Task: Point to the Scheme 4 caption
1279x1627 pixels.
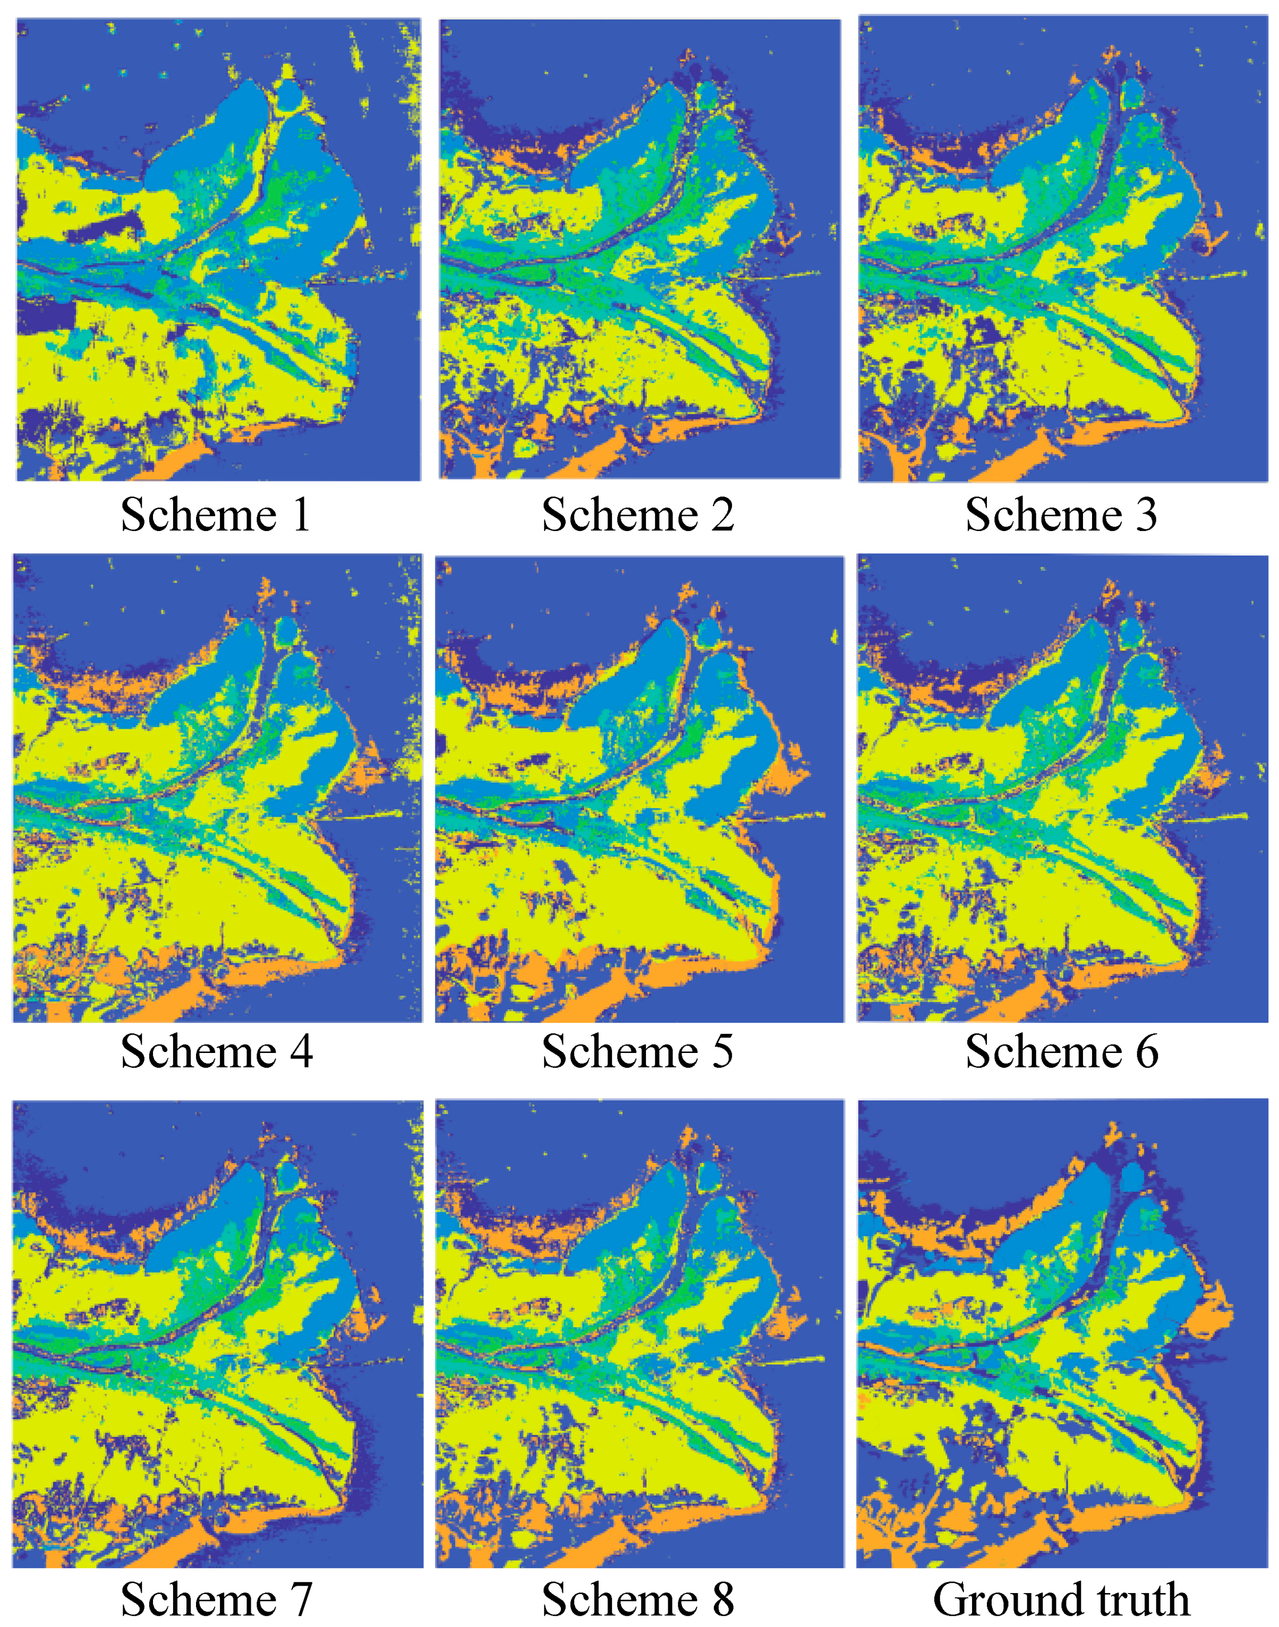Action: [216, 1051]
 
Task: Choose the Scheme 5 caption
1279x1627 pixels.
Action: [637, 1051]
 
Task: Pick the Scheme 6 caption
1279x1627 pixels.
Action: [1061, 1051]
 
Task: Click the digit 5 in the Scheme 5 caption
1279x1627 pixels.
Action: [722, 1051]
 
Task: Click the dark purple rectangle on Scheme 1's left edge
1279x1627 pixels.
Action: [45, 314]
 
